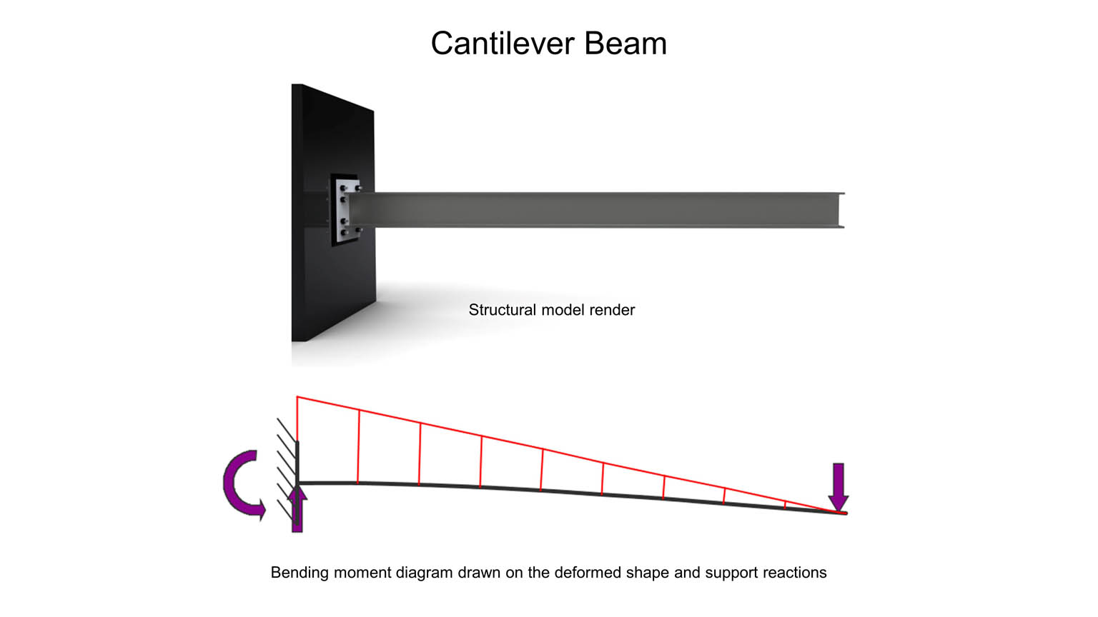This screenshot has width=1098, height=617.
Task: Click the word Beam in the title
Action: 625,44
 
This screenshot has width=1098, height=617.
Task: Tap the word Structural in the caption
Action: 503,310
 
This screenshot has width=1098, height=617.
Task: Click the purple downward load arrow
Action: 839,487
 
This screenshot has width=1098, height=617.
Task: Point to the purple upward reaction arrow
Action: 297,508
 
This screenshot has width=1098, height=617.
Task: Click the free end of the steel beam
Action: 841,210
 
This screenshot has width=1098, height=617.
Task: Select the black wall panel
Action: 333,213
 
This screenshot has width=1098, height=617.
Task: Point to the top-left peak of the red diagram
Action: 297,397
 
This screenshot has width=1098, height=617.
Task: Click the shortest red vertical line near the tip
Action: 785,505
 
